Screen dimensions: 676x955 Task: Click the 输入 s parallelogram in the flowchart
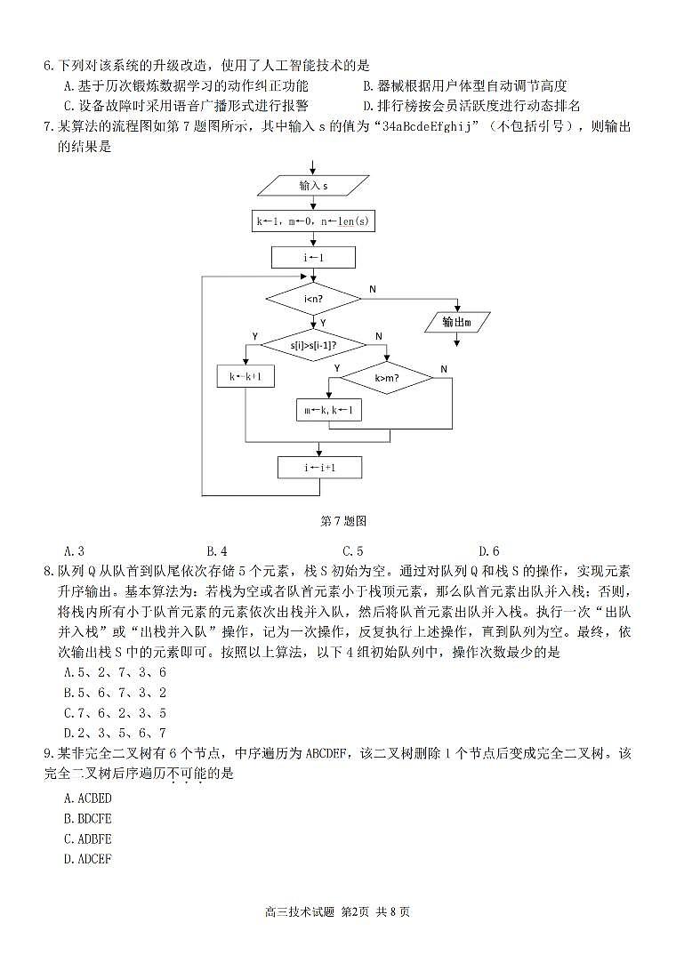pos(313,186)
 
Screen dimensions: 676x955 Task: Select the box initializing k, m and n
pos(313,221)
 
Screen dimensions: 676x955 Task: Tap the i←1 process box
pos(313,257)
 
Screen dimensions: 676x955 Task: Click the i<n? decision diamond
pos(313,299)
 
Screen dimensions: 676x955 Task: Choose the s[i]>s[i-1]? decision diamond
pos(314,344)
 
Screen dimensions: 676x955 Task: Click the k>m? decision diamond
pos(386,378)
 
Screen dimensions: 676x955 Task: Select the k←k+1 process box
pos(245,377)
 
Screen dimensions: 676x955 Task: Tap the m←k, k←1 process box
pos(329,410)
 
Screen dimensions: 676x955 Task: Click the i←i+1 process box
pos(319,467)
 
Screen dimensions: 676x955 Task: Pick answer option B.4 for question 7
pos(216,551)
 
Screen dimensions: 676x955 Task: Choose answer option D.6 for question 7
pos(488,551)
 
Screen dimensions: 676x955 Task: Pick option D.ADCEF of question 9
pos(88,859)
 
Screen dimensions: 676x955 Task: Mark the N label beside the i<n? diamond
pos(373,289)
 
